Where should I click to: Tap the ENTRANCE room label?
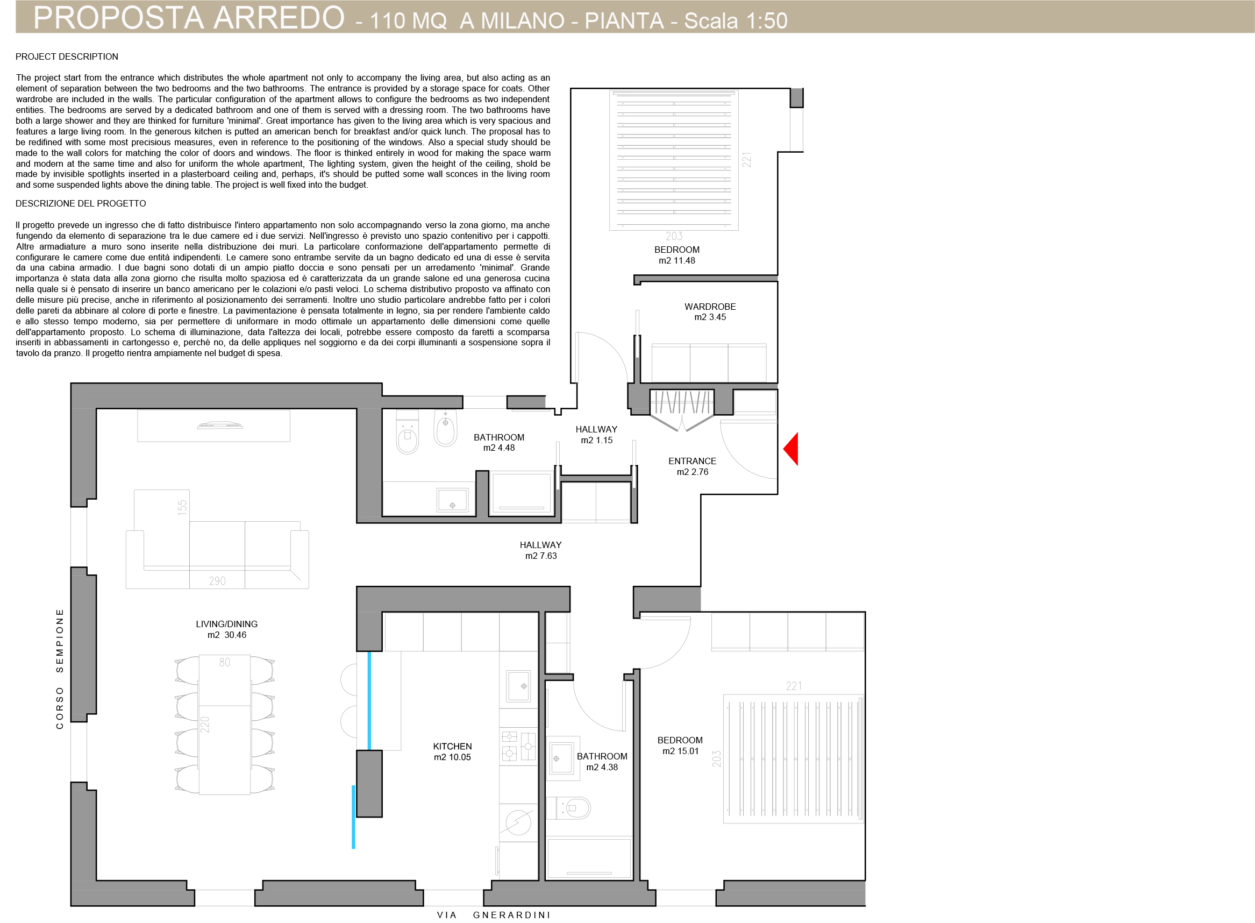tap(692, 461)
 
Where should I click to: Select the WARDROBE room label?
tap(710, 307)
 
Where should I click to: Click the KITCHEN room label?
tap(452, 747)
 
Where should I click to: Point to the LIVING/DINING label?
tap(227, 624)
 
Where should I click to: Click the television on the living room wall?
tap(220, 426)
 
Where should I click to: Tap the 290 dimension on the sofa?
tap(217, 581)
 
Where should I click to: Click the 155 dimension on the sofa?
tap(182, 507)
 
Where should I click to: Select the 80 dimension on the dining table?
tap(225, 662)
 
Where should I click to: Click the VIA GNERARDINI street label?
tap(494, 915)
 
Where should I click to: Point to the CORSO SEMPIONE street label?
tap(60, 669)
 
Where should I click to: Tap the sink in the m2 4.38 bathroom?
tap(562, 758)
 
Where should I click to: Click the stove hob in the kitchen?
tap(518, 747)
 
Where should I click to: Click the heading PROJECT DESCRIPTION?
tap(67, 57)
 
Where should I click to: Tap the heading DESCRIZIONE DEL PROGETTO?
tap(81, 204)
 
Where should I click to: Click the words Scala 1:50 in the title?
tap(736, 20)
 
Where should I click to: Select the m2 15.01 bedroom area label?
tap(680, 751)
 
